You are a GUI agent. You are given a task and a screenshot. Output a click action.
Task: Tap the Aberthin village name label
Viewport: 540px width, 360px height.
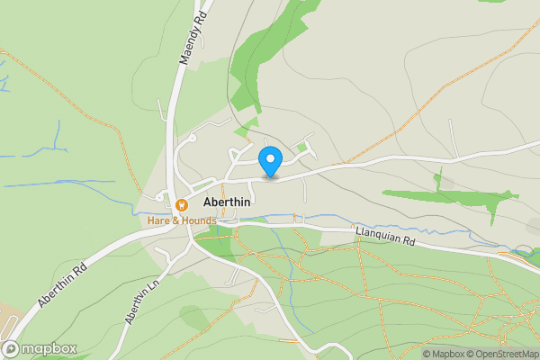(227, 202)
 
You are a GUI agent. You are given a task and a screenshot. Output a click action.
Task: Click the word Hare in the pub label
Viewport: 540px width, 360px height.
(158, 220)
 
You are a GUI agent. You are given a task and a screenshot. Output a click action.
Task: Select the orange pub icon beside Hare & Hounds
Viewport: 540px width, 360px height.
(181, 204)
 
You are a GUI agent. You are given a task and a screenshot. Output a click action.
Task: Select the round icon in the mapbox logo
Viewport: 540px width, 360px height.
(12, 348)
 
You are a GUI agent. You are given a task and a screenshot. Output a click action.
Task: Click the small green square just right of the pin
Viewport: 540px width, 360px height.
(302, 147)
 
